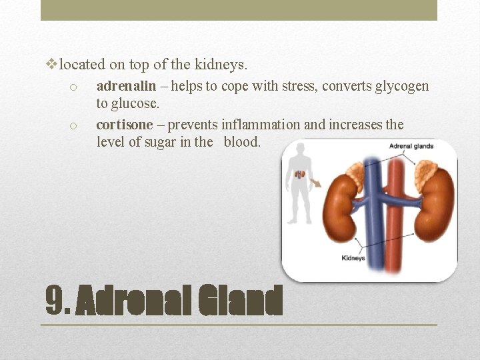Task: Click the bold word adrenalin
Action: click(x=126, y=86)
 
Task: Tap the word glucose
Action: click(x=137, y=103)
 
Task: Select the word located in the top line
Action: click(x=82, y=65)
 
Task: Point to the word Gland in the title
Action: click(x=241, y=302)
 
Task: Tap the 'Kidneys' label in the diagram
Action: click(x=353, y=258)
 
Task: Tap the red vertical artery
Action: click(x=397, y=213)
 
